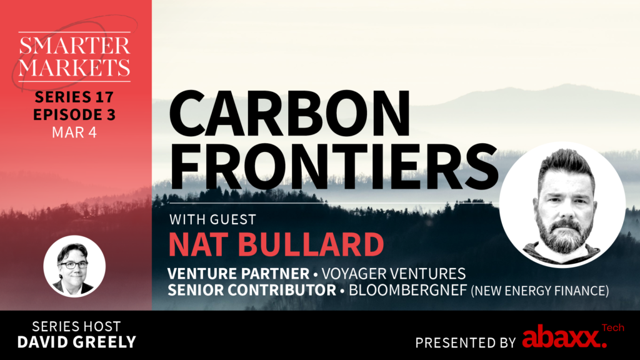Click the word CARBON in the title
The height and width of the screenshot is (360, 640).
(x=289, y=113)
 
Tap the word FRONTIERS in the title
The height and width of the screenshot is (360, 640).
(x=334, y=166)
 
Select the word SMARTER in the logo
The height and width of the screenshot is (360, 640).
(x=74, y=46)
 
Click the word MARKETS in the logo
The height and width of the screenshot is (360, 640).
(x=74, y=67)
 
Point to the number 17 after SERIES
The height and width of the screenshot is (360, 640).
(x=104, y=97)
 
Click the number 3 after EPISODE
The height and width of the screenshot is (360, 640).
(x=111, y=115)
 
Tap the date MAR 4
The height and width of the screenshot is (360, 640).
(x=74, y=132)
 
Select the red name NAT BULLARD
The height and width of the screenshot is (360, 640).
(x=276, y=244)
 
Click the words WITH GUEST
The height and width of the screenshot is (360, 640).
(x=212, y=219)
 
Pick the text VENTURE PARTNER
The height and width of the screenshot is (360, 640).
(x=238, y=274)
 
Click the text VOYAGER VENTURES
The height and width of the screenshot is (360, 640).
(x=394, y=274)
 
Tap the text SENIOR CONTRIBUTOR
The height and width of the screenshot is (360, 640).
(x=252, y=290)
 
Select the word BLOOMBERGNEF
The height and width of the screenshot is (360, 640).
(x=407, y=290)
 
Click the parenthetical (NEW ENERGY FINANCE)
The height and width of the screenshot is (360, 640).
(x=540, y=291)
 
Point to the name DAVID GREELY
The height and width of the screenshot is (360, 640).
(x=76, y=342)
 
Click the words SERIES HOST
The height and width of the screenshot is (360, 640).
(x=76, y=326)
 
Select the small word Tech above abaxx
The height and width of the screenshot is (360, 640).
(x=612, y=327)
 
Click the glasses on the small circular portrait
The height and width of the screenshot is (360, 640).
(x=74, y=265)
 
